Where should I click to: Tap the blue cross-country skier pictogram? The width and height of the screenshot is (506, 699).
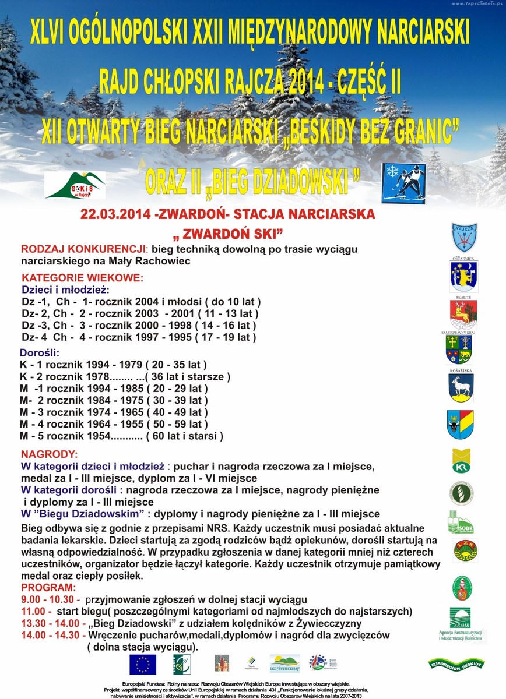[404, 183]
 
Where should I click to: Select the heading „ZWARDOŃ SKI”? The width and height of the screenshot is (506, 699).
[227, 234]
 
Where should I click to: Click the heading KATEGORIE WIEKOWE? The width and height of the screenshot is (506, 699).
[82, 278]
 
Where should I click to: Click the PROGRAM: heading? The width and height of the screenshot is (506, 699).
[48, 587]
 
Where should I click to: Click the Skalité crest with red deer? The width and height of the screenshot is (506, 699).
[463, 315]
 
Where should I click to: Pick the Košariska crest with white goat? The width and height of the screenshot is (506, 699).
[461, 388]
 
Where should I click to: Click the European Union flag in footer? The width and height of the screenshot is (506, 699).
[143, 664]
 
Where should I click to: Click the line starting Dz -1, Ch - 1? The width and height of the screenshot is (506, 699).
[140, 302]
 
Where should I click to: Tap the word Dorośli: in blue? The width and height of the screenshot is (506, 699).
[40, 353]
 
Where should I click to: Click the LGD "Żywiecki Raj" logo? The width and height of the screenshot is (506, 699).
[284, 663]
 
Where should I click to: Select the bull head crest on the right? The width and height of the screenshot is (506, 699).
[460, 423]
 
